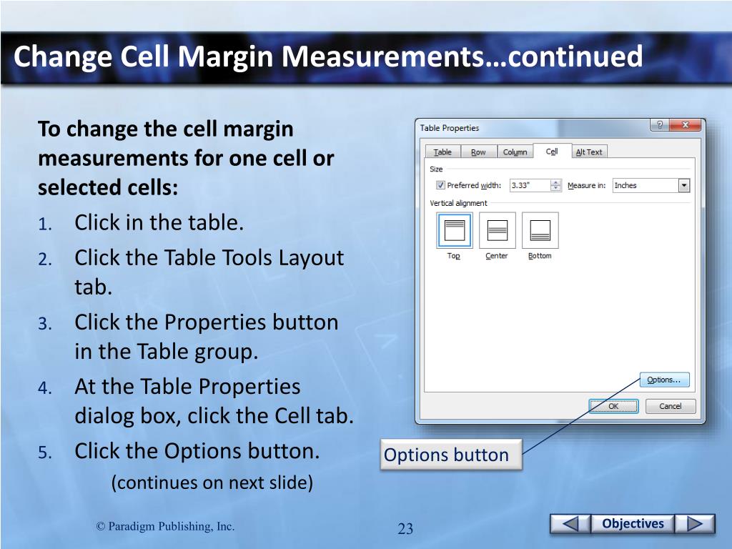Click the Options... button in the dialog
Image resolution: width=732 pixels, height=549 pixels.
pyautogui.click(x=664, y=380)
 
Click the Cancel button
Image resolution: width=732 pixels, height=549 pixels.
pyautogui.click(x=671, y=406)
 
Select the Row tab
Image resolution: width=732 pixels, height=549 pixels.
pyautogui.click(x=478, y=152)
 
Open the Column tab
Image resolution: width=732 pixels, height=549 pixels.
pyautogui.click(x=515, y=152)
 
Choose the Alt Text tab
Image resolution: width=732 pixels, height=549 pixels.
pyautogui.click(x=589, y=152)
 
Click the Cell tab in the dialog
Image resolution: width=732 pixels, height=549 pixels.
pyautogui.click(x=552, y=152)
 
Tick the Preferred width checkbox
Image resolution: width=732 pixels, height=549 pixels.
pyautogui.click(x=440, y=185)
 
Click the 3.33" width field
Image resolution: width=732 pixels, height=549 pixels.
pyautogui.click(x=530, y=185)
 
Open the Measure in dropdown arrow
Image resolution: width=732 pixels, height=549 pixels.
pyautogui.click(x=684, y=185)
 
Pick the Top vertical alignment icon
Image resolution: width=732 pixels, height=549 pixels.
pyautogui.click(x=454, y=230)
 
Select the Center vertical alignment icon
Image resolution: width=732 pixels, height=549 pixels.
pyautogui.click(x=498, y=230)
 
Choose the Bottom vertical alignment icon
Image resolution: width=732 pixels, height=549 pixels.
pyautogui.click(x=540, y=230)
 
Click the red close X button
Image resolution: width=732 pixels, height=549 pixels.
pyautogui.click(x=686, y=125)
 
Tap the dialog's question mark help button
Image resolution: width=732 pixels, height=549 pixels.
pyautogui.click(x=660, y=125)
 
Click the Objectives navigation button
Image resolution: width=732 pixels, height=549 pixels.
pyautogui.click(x=633, y=523)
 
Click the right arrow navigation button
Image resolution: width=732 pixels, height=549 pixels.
pyautogui.click(x=695, y=523)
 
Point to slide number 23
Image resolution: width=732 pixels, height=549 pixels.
pyautogui.click(x=405, y=528)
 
